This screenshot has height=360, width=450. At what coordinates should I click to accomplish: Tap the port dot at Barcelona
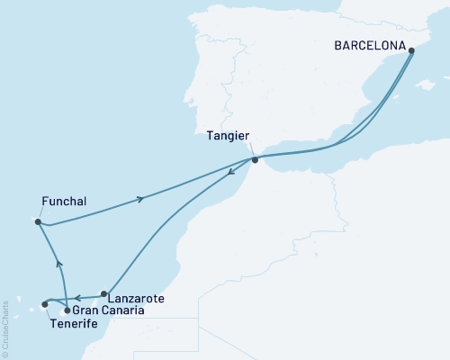411,50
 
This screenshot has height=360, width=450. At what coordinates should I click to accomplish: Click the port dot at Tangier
255,160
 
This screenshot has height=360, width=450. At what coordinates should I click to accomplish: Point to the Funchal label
64,202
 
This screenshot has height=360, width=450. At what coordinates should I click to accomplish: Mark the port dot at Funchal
38,221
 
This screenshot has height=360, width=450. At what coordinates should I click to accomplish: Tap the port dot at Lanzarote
104,293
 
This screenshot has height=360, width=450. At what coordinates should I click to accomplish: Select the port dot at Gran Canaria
67,310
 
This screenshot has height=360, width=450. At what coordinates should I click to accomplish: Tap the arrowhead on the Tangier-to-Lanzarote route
222,187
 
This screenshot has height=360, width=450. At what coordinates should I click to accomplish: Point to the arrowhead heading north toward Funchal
58,264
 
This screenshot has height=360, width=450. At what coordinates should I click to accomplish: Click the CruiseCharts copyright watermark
6,328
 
